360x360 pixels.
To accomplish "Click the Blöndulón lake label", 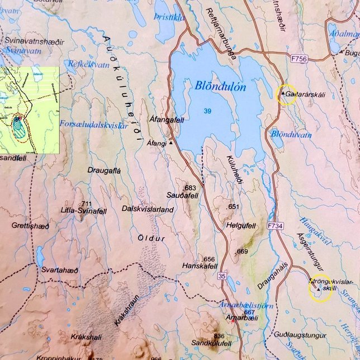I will coord(221,87).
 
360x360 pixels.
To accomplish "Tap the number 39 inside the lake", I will coord(208,112).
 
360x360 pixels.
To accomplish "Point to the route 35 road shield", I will coord(222,276).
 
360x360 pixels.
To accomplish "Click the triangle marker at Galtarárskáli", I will coord(283,93).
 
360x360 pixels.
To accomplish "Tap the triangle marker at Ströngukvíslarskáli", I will coord(318,290).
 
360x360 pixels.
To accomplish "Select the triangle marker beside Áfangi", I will coord(171,143).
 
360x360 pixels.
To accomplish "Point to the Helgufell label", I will coord(241,226).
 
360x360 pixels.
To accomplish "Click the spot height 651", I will coord(234,207).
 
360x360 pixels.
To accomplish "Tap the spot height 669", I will coord(241,252).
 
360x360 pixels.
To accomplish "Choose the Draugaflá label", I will coord(105,169).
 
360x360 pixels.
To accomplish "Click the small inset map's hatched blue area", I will coord(20,128).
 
